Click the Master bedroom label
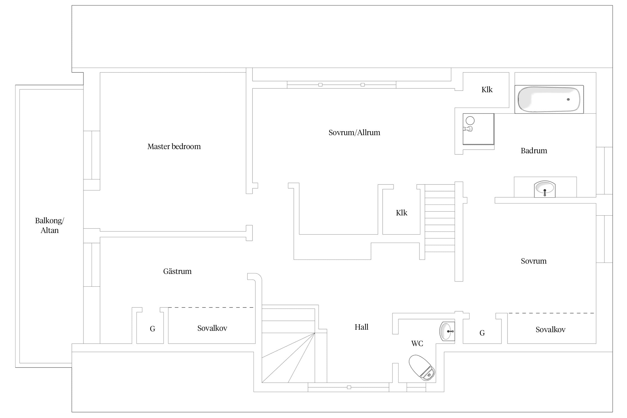[174, 147]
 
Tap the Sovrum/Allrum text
[354, 133]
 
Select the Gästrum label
[177, 271]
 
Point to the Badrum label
[534, 151]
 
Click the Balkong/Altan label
[50, 225]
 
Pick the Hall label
[361, 327]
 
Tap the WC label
[417, 344]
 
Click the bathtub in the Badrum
[549, 99]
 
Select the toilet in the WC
[422, 367]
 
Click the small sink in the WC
[447, 331]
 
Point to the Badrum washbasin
[545, 189]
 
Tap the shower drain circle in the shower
[470, 121]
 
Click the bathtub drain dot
[568, 99]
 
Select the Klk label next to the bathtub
[487, 90]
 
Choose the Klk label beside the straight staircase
[402, 213]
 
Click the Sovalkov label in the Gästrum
[212, 328]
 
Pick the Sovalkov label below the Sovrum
[550, 330]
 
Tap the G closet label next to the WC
[482, 333]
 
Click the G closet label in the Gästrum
[152, 329]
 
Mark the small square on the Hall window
[349, 387]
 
